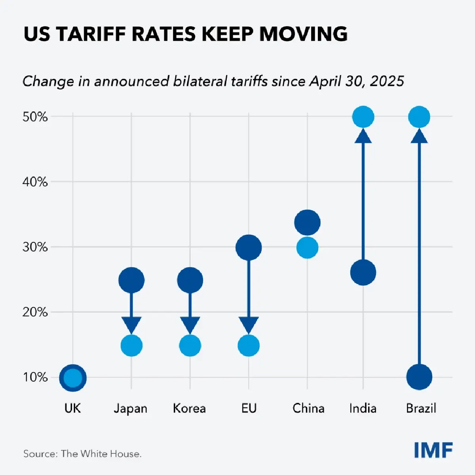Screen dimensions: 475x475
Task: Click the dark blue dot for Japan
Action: pos(131,280)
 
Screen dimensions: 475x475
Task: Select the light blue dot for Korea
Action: pos(190,346)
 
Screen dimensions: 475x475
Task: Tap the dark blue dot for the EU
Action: pos(249,248)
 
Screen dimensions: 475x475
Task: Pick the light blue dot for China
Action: pos(307,248)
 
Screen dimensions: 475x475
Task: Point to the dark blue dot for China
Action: pos(307,223)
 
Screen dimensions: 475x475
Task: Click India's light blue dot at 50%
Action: pos(363,117)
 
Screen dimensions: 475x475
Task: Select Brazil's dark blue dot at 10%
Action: pos(419,377)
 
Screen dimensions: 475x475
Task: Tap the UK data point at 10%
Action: pos(73,378)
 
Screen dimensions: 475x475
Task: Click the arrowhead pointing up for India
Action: pos(363,136)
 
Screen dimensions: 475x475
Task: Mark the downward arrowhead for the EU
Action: pos(249,325)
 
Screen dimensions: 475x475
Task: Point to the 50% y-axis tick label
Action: pos(35,117)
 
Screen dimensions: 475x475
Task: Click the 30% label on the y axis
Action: pos(35,247)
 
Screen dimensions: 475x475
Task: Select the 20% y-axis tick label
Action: pos(35,312)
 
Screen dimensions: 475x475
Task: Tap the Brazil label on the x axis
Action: pos(421,408)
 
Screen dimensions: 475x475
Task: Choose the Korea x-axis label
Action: pos(190,408)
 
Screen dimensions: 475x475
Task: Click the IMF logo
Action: pos(433,450)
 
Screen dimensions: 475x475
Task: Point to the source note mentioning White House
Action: pos(82,454)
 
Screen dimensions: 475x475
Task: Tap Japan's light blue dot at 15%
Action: pos(131,346)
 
